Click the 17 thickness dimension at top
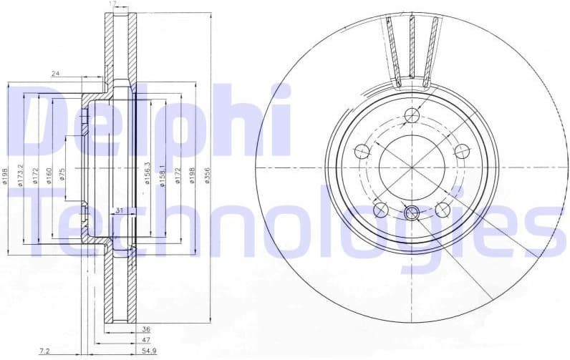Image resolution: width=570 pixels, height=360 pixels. pyautogui.click(x=112, y=5)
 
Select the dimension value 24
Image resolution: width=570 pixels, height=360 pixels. pyautogui.click(x=55, y=73)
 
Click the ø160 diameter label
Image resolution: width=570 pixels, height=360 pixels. pyautogui.click(x=48, y=175)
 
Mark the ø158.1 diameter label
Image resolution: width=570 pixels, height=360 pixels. pyautogui.click(x=163, y=174)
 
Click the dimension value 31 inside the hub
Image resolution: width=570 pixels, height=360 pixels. pyautogui.click(x=119, y=210)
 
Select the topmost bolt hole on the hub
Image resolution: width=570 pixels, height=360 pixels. pyautogui.click(x=412, y=116)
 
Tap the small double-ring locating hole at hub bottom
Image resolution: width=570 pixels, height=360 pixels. pyautogui.click(x=412, y=212)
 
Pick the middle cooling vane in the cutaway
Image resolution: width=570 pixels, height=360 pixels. pyautogui.click(x=412, y=47)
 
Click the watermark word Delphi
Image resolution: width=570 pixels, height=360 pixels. pyautogui.click(x=154, y=122)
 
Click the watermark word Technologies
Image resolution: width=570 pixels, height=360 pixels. pyautogui.click(x=286, y=222)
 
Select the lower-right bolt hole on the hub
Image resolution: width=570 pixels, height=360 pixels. pyautogui.click(x=443, y=209)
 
